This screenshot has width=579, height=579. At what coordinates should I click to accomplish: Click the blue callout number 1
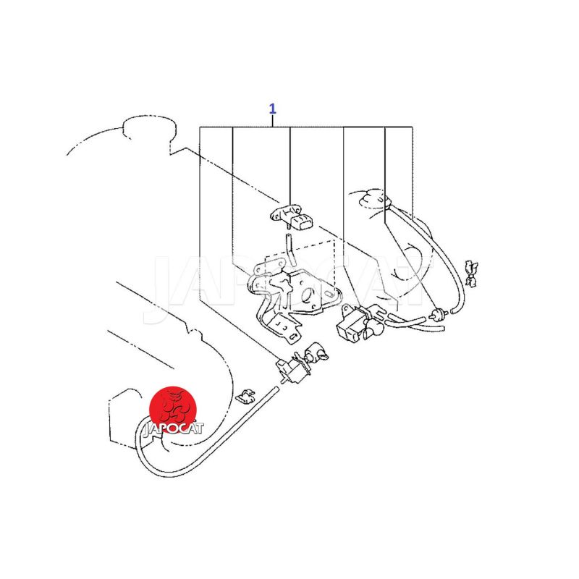click(272, 109)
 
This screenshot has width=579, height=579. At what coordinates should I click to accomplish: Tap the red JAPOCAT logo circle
click(172, 410)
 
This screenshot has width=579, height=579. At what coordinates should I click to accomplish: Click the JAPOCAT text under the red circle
click(173, 428)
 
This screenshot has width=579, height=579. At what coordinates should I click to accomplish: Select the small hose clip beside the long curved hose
click(244, 396)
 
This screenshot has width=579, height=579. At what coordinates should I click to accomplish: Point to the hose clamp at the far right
click(471, 273)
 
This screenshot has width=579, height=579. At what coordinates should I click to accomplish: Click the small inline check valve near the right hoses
click(438, 315)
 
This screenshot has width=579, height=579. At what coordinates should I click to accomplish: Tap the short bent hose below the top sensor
click(291, 250)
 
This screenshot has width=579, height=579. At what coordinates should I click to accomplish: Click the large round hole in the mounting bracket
click(307, 296)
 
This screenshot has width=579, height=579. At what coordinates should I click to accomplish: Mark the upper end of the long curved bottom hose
click(275, 388)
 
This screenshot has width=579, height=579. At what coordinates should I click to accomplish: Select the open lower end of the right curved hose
click(454, 311)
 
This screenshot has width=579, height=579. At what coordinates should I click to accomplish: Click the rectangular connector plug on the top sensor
click(302, 223)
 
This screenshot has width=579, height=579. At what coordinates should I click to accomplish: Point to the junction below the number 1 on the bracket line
click(273, 127)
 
